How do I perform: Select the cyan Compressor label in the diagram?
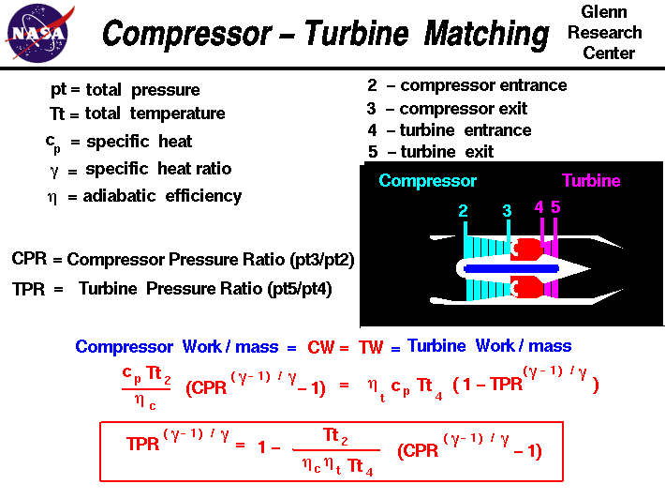click(x=427, y=181)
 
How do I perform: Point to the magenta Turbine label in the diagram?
click(x=591, y=181)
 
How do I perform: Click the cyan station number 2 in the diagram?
click(x=464, y=212)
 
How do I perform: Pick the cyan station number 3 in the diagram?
click(x=507, y=212)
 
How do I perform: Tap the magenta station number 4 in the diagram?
click(x=539, y=207)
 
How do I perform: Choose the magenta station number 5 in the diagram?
click(x=555, y=207)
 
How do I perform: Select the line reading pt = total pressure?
click(x=125, y=91)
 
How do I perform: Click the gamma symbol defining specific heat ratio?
click(x=54, y=170)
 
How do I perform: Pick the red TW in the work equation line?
click(x=371, y=347)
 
